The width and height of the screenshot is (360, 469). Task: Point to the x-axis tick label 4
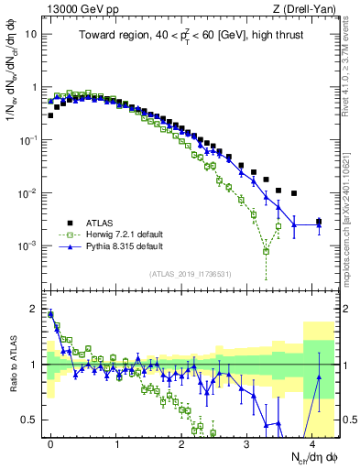click(314, 441)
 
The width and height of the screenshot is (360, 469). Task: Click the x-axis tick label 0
click(50, 441)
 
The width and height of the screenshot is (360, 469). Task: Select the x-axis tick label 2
click(182, 441)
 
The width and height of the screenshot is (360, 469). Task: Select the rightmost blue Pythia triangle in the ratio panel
click(319, 376)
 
